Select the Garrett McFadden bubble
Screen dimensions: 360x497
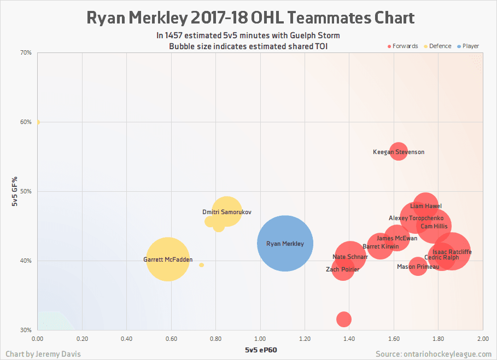pos(168,259)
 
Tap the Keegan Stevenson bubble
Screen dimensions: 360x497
pos(399,152)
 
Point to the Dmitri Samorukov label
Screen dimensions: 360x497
pos(227,212)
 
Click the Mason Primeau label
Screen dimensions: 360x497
pos(418,267)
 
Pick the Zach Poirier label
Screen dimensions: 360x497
pos(342,269)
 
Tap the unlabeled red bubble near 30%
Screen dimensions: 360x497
pos(343,318)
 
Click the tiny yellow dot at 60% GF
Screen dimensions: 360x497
pos(38,122)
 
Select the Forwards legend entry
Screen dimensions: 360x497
pos(403,46)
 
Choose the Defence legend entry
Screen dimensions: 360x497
pos(437,46)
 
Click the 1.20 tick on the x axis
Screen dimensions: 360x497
pos(305,339)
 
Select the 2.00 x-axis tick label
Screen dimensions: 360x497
pos(482,339)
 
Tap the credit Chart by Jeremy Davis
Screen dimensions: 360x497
pos(43,354)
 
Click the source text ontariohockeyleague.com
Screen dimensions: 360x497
pos(434,354)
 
